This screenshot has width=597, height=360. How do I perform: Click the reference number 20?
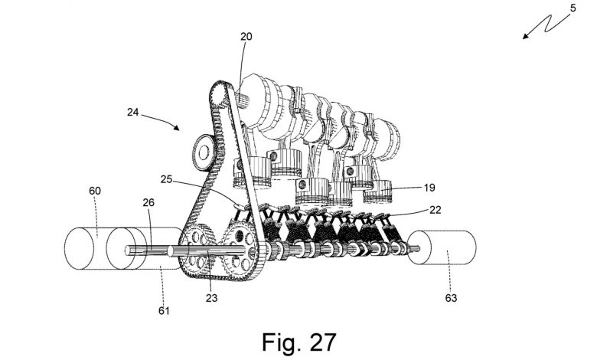tap(246, 37)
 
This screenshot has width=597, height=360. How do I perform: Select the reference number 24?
tap(132, 113)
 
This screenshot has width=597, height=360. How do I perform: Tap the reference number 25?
tap(166, 179)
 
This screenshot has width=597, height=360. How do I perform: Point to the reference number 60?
tap(95, 191)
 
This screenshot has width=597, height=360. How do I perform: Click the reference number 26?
tap(148, 202)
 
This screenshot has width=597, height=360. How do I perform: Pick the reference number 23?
tap(211, 297)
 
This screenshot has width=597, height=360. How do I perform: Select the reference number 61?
tap(164, 311)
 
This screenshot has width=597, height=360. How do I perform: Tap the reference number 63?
tap(451, 297)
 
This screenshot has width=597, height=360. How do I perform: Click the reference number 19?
tap(429, 188)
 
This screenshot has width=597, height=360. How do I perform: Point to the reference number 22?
tap(435, 210)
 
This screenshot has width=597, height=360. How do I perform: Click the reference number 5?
tap(573, 8)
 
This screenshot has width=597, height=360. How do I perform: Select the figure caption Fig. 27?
tap(298, 342)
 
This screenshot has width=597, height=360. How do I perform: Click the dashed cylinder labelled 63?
tap(442, 247)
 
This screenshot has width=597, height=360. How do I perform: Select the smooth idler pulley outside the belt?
tap(204, 152)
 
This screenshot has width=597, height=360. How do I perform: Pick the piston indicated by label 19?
tap(378, 191)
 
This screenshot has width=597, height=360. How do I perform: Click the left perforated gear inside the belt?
tap(197, 250)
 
